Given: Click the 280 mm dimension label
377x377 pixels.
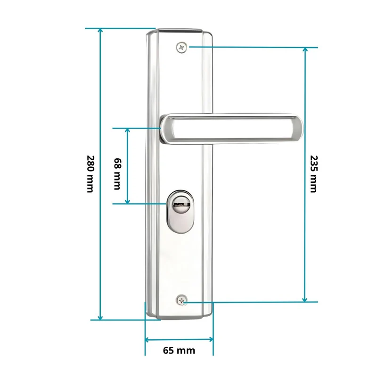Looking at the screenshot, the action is click(x=90, y=174).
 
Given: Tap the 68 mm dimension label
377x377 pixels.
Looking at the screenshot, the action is click(x=117, y=174).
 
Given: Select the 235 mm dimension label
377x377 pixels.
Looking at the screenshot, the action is click(x=313, y=174).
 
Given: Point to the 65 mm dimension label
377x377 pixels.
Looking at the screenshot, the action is click(x=179, y=350).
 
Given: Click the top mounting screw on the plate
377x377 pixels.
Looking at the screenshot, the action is click(x=182, y=48).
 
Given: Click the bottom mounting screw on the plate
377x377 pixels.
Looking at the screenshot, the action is click(x=181, y=300).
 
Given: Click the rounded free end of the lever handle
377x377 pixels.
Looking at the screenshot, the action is click(x=298, y=129).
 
